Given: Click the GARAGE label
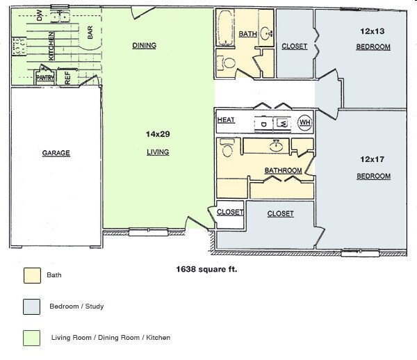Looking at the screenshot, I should (x=56, y=152).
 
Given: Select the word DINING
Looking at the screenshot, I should (x=144, y=46).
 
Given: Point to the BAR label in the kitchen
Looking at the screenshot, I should (x=90, y=32).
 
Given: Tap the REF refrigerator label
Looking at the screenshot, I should (x=67, y=78).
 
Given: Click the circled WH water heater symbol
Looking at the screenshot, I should (x=304, y=122).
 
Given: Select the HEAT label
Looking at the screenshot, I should (x=226, y=120).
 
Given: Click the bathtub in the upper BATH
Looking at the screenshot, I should (x=226, y=28).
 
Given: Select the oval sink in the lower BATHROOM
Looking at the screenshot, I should (x=276, y=147).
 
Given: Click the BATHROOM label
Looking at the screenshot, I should (x=283, y=170).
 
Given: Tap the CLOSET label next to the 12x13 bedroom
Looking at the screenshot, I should (x=295, y=47).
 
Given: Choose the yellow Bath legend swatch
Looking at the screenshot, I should (x=30, y=275).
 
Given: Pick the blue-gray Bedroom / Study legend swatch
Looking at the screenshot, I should (x=30, y=306).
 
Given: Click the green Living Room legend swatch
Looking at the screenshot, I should (x=30, y=337).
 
